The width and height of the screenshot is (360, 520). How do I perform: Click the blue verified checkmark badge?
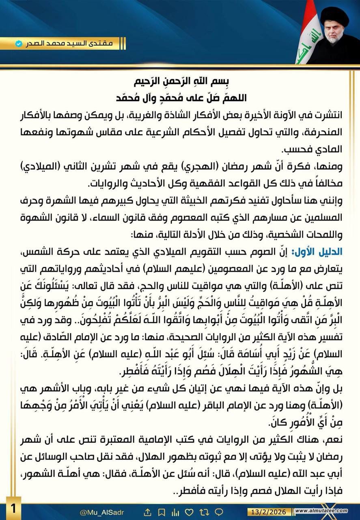18,43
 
